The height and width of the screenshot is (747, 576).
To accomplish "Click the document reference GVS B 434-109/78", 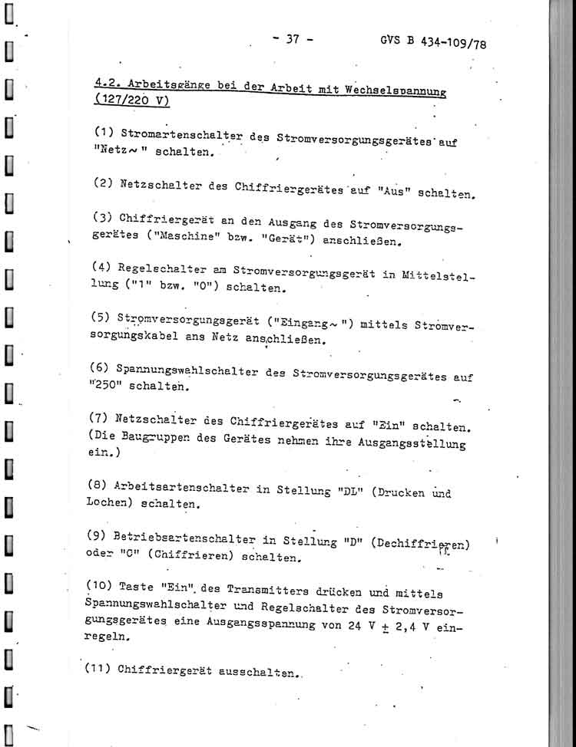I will (433, 43).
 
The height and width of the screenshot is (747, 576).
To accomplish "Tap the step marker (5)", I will (101, 316).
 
